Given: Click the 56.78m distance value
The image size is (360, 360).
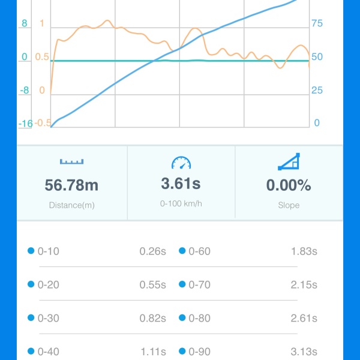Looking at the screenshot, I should pyautogui.click(x=72, y=185).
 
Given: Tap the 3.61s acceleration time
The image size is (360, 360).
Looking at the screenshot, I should pyautogui.click(x=181, y=184).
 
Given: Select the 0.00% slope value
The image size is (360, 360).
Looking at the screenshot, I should pyautogui.click(x=289, y=185).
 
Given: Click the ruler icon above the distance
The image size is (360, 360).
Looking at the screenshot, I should pyautogui.click(x=72, y=161).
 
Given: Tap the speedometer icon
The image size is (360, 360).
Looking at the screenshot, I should pyautogui.click(x=181, y=162).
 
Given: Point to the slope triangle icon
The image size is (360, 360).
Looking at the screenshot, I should pyautogui.click(x=289, y=161).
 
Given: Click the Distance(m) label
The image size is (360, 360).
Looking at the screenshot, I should pyautogui.click(x=72, y=205).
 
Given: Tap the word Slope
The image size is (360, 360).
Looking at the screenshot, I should pyautogui.click(x=289, y=205).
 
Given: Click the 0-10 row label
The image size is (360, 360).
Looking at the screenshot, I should pyautogui.click(x=48, y=251).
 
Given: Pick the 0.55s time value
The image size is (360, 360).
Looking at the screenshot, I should pyautogui.click(x=152, y=285).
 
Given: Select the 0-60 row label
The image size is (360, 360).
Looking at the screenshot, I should pyautogui.click(x=199, y=251).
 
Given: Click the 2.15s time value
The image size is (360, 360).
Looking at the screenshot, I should pyautogui.click(x=304, y=285).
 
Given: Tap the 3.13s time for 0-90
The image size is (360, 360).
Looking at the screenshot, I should pyautogui.click(x=304, y=352).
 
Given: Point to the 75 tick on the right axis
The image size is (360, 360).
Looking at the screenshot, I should pyautogui.click(x=317, y=24).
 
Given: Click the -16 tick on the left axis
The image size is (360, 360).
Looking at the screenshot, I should pyautogui.click(x=25, y=124).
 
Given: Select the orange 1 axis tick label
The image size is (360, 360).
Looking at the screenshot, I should pyautogui.click(x=41, y=23).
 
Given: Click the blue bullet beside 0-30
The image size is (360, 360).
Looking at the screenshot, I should pyautogui.click(x=31, y=318).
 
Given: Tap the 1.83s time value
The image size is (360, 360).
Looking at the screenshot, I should pyautogui.click(x=304, y=251).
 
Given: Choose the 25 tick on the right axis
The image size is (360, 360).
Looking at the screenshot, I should pyautogui.click(x=317, y=90).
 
